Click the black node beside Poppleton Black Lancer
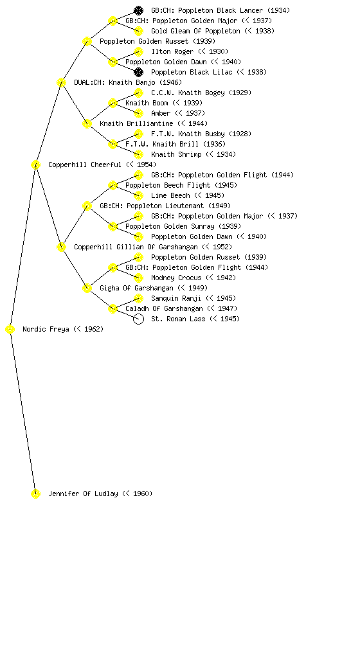pyautogui.click(x=138, y=10)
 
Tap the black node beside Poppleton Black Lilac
pyautogui.click(x=138, y=72)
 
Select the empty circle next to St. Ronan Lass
pyautogui.click(x=138, y=319)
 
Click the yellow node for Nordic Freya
pyautogui.click(x=10, y=330)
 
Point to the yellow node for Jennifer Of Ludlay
pyautogui.click(x=35, y=494)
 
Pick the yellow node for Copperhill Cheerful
pyautogui.click(x=35, y=165)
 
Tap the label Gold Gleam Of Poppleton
pyautogui.click(x=195, y=31)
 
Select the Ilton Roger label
pyautogui.click(x=172, y=51)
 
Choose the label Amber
pyautogui.click(x=161, y=113)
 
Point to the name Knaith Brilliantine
pyautogui.click(x=136, y=124)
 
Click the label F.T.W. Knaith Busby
pyautogui.click(x=188, y=134)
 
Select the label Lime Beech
pyautogui.click(x=170, y=195)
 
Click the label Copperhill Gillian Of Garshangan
pyautogui.click(x=136, y=247)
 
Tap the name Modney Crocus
pyautogui.click(x=176, y=278)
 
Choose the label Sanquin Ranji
pyautogui.click(x=176, y=298)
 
